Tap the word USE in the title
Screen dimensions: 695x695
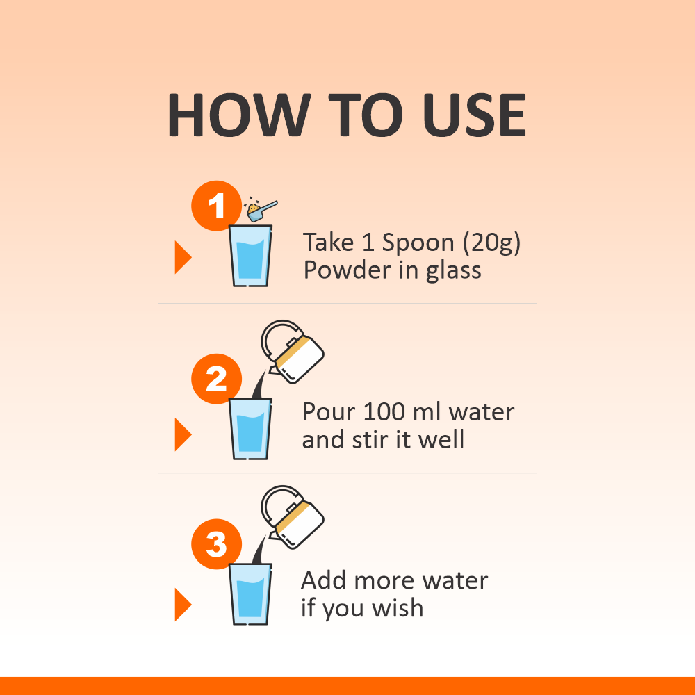click(x=474, y=115)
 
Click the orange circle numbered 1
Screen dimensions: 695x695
click(x=216, y=206)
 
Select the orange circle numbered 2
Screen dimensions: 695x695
click(x=216, y=379)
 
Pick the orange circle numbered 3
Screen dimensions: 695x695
click(x=216, y=544)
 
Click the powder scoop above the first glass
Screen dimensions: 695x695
click(x=261, y=209)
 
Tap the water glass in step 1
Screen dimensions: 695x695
click(x=250, y=256)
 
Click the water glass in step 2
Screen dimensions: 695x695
click(x=250, y=429)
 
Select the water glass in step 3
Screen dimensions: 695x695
click(x=250, y=594)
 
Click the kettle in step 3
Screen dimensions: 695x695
click(x=293, y=518)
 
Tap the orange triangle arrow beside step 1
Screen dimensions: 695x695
click(x=183, y=257)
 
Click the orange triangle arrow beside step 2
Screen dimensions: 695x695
click(x=183, y=434)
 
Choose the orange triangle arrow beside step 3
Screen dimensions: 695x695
click(x=183, y=605)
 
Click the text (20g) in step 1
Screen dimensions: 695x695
click(x=491, y=243)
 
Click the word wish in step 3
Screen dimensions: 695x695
click(x=398, y=607)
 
